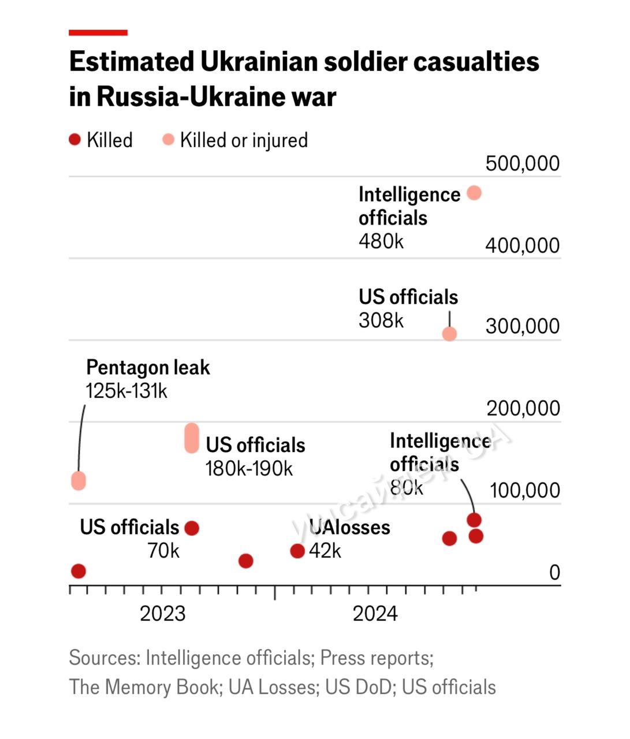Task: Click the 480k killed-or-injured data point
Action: [474, 193]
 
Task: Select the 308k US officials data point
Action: [449, 334]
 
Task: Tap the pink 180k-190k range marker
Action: [192, 438]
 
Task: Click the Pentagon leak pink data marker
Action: [79, 480]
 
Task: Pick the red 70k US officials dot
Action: [192, 528]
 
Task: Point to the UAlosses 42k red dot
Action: [297, 551]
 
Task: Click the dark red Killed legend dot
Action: [74, 140]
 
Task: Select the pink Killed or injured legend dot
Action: [168, 140]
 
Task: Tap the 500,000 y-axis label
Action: [523, 163]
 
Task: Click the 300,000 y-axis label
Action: [523, 326]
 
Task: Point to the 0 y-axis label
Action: [554, 572]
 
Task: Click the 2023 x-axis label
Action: [163, 613]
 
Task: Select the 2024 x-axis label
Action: [375, 613]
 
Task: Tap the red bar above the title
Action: [98, 33]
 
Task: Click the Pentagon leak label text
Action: [148, 367]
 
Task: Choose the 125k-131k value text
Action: [126, 391]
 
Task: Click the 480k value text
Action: [381, 241]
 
